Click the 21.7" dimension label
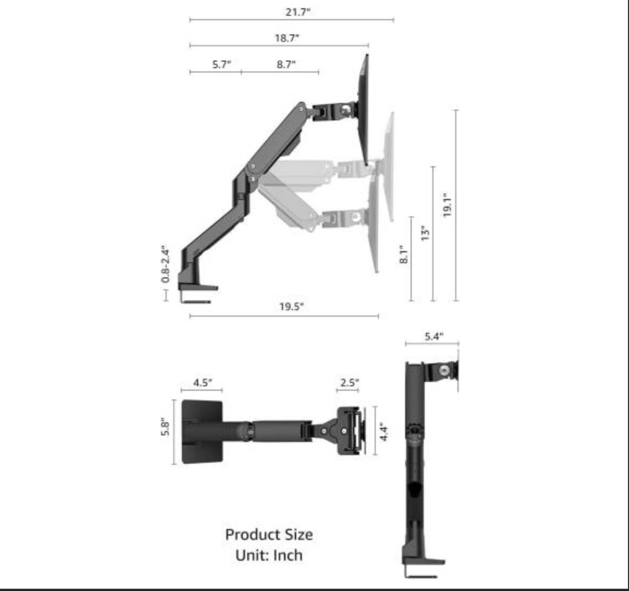coord(298,12)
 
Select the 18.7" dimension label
coord(287,38)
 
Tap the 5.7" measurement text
coord(222,64)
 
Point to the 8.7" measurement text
coord(286,64)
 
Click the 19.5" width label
coord(291,306)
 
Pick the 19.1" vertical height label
coord(447,205)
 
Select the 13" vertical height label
coord(425,233)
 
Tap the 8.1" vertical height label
coord(403,254)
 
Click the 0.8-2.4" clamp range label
coord(165,264)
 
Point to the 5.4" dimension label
coord(434,336)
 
